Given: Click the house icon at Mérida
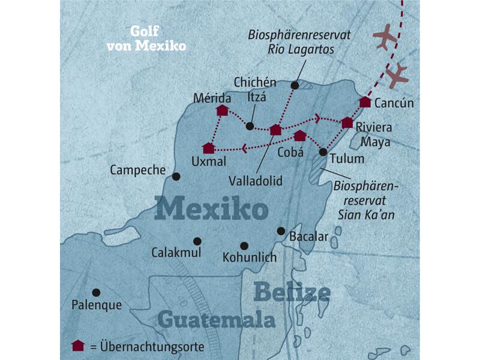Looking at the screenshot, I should [x=223, y=110].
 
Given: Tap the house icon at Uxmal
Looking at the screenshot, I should [x=208, y=148].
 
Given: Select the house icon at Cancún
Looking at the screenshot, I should [x=365, y=102].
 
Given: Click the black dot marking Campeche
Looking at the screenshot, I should [x=176, y=176].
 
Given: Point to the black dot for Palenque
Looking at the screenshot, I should [x=95, y=292].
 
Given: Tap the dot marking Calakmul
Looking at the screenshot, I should [x=197, y=241].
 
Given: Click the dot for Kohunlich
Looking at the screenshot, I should [x=244, y=245].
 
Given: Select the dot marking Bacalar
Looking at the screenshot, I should [x=280, y=230].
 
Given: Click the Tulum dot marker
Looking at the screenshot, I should [x=323, y=152].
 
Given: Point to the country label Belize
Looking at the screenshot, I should [x=292, y=293].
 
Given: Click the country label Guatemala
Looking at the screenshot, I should [x=217, y=319].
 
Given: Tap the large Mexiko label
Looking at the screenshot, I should [x=211, y=210].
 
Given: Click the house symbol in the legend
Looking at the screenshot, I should [x=77, y=345].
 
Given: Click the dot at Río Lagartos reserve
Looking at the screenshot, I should [x=295, y=86].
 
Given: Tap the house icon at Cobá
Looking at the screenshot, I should [x=300, y=136].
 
